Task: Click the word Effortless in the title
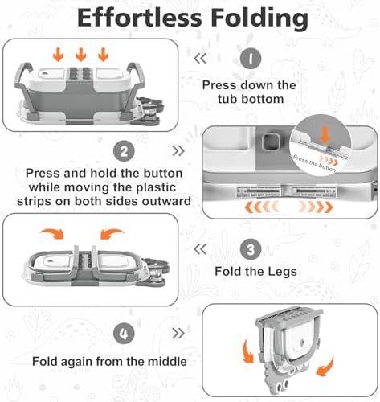(139, 18)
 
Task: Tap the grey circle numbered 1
(251, 59)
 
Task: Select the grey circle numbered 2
(124, 152)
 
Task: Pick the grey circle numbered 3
(251, 249)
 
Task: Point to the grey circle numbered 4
(124, 334)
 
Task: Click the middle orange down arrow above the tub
(81, 54)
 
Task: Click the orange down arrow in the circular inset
(325, 134)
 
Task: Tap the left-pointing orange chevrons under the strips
(262, 207)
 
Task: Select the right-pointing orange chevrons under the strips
(316, 207)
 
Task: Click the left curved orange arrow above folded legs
(53, 233)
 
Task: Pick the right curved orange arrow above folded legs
(112, 233)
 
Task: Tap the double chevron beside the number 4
(178, 334)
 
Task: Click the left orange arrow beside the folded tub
(248, 351)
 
